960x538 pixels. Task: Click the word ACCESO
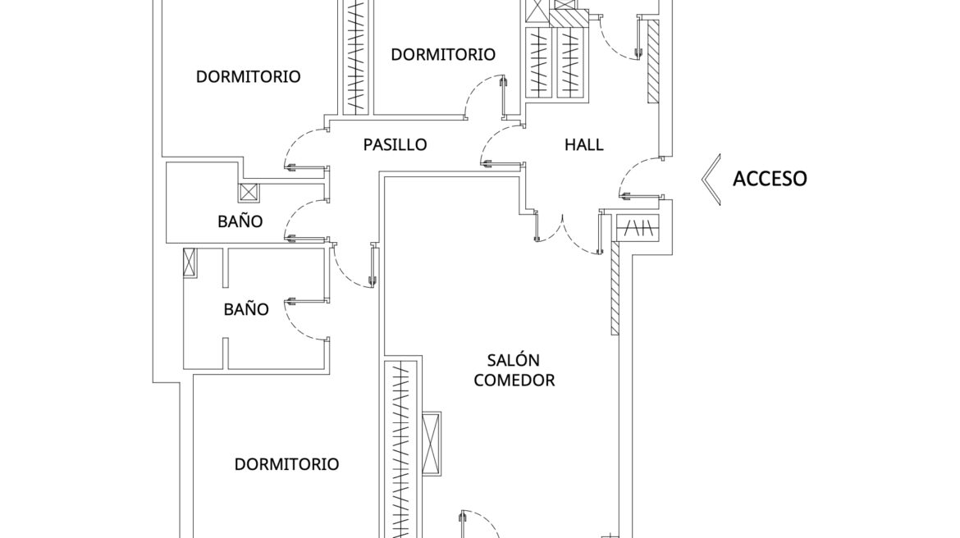click(769, 178)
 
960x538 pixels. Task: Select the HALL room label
click(583, 145)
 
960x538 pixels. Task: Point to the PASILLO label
click(395, 145)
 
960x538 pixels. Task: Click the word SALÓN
click(513, 360)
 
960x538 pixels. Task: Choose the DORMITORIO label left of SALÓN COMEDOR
click(286, 464)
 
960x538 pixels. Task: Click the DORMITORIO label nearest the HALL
click(443, 55)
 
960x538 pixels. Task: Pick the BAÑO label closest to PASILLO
click(240, 221)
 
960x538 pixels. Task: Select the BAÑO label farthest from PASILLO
click(246, 309)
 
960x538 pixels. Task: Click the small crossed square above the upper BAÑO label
click(249, 193)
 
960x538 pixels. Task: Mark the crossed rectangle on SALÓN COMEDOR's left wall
click(431, 443)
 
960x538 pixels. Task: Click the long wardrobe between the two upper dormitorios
click(356, 56)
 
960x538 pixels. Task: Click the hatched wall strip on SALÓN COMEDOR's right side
click(615, 290)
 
